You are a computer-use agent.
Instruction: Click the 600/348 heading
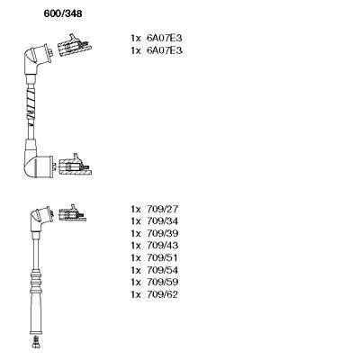(63, 13)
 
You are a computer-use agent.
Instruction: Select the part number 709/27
(162, 209)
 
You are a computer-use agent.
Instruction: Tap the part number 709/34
(162, 221)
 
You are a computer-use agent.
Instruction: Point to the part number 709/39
(162, 233)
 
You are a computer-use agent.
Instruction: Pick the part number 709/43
(162, 246)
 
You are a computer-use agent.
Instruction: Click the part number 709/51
(162, 257)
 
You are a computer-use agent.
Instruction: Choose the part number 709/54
(162, 270)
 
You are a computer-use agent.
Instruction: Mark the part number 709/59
(162, 282)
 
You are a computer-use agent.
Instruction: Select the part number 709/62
(162, 294)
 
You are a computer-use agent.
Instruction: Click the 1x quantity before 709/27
(136, 209)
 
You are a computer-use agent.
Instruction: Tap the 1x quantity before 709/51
(136, 258)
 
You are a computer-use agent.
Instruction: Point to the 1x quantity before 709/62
(136, 294)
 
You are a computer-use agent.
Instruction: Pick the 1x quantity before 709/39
(136, 233)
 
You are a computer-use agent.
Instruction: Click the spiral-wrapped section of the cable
(31, 104)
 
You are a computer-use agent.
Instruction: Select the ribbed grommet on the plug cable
(35, 282)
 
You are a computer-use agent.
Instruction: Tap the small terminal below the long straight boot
(35, 342)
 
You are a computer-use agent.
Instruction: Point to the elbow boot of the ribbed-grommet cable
(41, 219)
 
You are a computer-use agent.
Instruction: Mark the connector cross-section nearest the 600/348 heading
(74, 46)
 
